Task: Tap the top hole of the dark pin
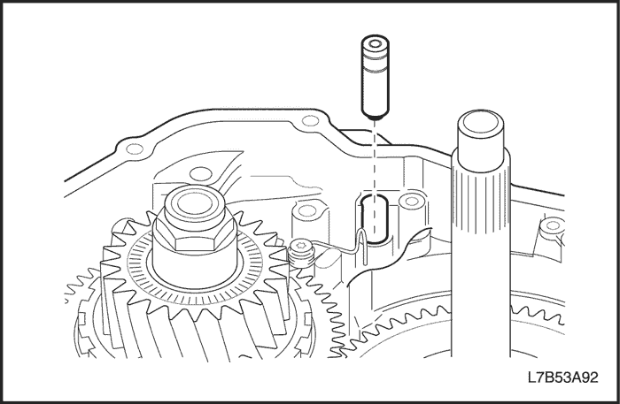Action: click(x=375, y=42)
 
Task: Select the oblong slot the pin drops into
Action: click(x=375, y=221)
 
